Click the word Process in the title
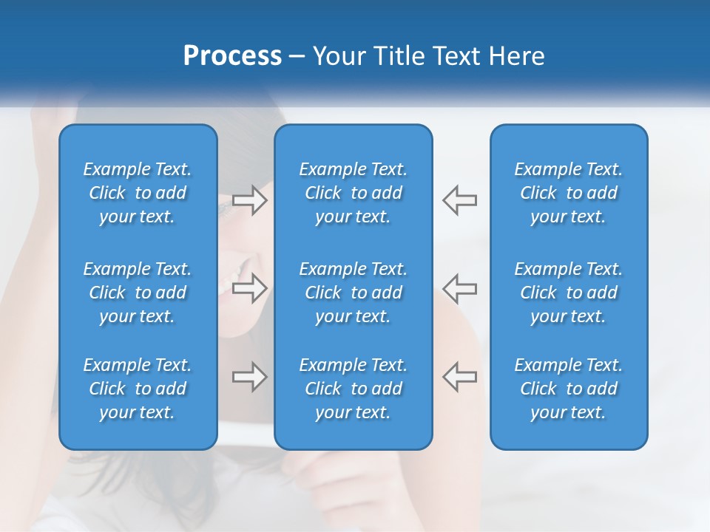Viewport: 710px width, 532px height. (x=232, y=56)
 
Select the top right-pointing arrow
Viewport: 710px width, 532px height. (x=249, y=200)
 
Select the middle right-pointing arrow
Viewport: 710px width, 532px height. (x=249, y=288)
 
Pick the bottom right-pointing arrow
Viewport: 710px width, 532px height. (x=249, y=377)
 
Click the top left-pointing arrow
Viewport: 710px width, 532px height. (x=460, y=200)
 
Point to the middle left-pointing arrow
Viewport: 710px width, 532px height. (x=460, y=288)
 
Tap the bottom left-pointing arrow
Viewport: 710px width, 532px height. (x=460, y=377)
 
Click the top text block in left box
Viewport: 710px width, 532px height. (x=138, y=193)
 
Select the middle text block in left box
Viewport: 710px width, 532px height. (x=138, y=293)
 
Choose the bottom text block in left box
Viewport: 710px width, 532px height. (x=138, y=389)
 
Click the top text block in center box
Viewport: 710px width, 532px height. (x=353, y=193)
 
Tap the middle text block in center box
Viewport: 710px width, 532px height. (x=353, y=293)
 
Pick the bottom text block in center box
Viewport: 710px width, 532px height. (x=353, y=389)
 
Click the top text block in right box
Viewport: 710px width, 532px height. (x=568, y=193)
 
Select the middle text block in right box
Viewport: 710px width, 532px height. (x=568, y=293)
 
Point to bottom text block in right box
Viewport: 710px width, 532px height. (x=568, y=389)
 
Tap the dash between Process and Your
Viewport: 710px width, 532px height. (x=297, y=57)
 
